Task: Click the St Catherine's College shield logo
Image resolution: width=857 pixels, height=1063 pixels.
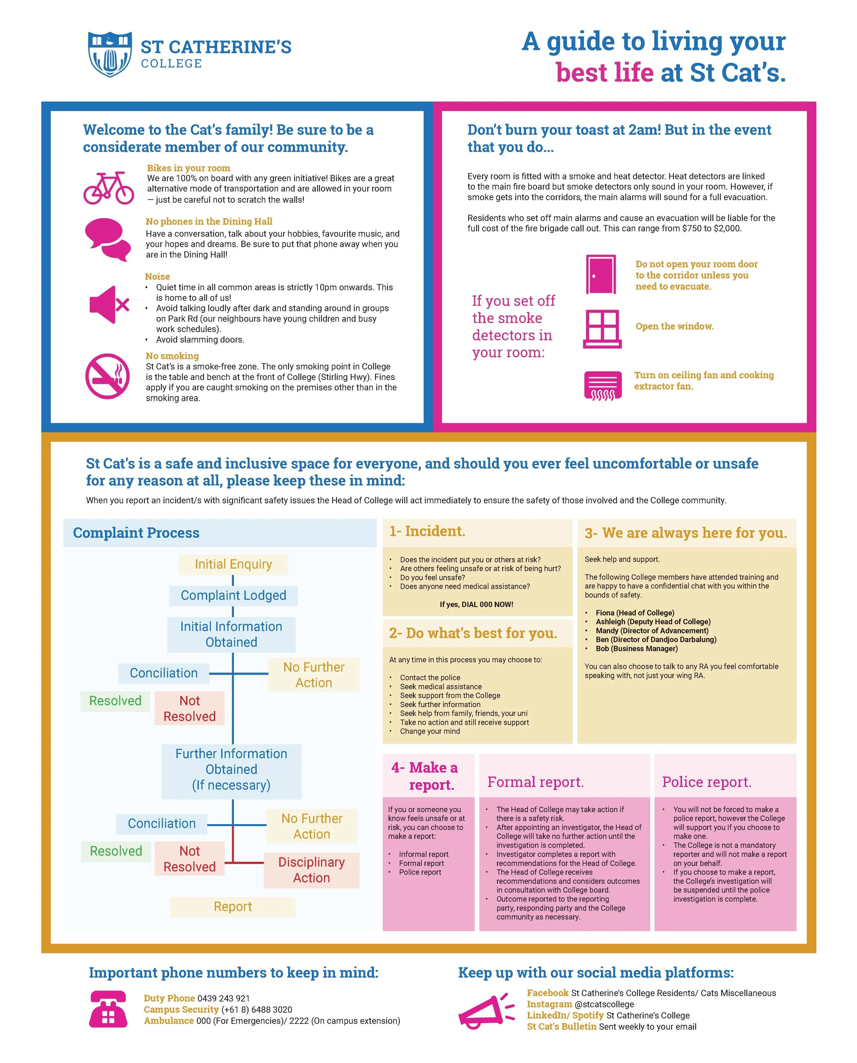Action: [x=110, y=54]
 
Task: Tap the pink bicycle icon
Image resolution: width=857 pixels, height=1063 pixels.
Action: [x=109, y=188]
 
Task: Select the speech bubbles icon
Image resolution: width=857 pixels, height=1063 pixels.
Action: [x=108, y=240]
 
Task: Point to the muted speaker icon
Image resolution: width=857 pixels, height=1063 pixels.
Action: [x=109, y=305]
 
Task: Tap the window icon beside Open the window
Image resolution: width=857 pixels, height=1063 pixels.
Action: [x=602, y=329]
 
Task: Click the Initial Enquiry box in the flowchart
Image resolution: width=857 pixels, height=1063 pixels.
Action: [x=233, y=564]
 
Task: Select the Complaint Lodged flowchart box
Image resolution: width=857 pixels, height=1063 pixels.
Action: [x=233, y=595]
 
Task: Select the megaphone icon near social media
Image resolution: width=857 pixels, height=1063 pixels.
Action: [x=486, y=1011]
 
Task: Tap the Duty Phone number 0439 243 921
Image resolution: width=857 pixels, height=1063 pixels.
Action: [x=223, y=998]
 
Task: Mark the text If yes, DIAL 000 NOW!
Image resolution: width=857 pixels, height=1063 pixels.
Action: [x=476, y=604]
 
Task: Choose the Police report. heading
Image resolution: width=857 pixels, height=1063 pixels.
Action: [x=707, y=782]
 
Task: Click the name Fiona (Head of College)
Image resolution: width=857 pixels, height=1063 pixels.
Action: [x=635, y=613]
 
